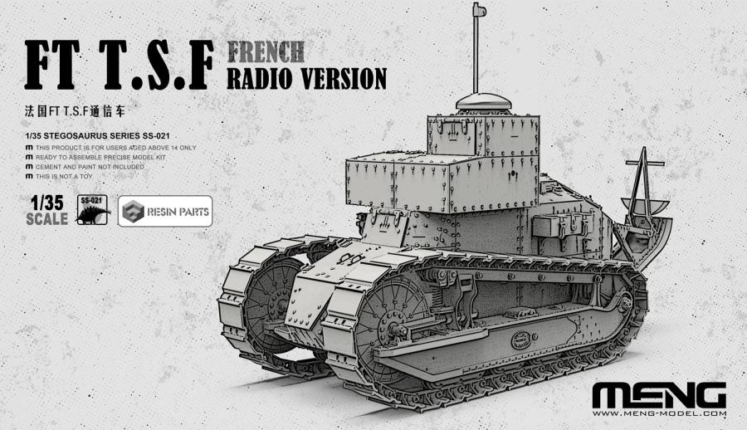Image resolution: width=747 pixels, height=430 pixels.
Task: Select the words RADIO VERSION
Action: (x=306, y=77)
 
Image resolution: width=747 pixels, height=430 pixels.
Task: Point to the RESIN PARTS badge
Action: (x=164, y=212)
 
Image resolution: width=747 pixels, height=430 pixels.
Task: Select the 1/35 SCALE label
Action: (x=47, y=211)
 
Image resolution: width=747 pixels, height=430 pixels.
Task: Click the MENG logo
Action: (x=660, y=395)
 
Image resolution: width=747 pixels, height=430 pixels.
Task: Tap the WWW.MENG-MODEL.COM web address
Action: (x=661, y=413)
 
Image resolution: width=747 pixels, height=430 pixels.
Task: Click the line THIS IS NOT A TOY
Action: (x=71, y=177)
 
